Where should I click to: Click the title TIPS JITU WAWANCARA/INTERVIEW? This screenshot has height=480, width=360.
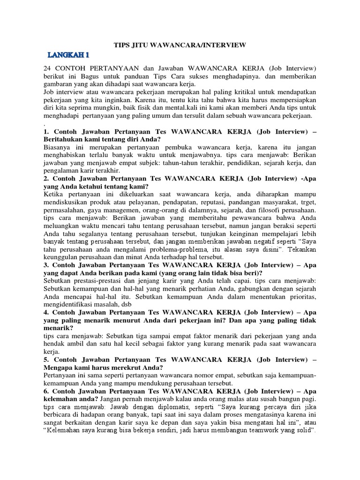tap(180, 45)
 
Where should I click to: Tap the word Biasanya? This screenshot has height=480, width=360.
tap(57, 148)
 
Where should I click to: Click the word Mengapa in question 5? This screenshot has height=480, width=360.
tap(58, 368)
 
